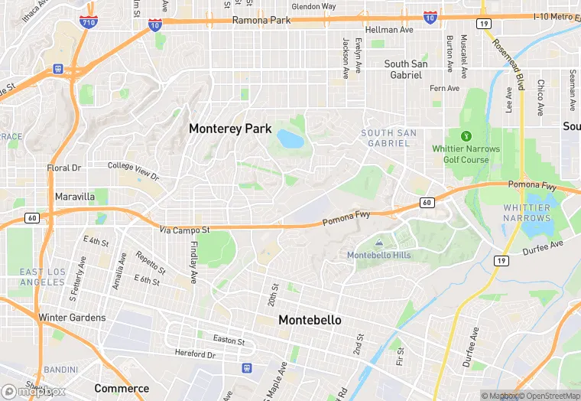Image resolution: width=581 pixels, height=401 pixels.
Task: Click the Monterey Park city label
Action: (230, 129)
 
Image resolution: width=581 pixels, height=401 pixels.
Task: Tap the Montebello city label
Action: (310, 320)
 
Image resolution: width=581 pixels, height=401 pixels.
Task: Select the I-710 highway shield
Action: (89, 21)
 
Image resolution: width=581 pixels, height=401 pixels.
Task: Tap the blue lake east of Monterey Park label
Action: (290, 139)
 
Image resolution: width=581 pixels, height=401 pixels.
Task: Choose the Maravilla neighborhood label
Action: (75, 197)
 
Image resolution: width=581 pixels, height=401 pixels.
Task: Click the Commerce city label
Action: (122, 388)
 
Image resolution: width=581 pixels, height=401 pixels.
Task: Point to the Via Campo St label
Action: (184, 229)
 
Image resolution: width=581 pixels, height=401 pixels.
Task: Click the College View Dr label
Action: (133, 171)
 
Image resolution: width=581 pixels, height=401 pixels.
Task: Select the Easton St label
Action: (229, 341)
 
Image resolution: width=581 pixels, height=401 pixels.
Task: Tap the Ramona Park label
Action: (261, 20)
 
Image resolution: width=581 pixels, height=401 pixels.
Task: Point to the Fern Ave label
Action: (444, 88)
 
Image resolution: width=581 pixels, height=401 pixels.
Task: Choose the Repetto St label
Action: (150, 262)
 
